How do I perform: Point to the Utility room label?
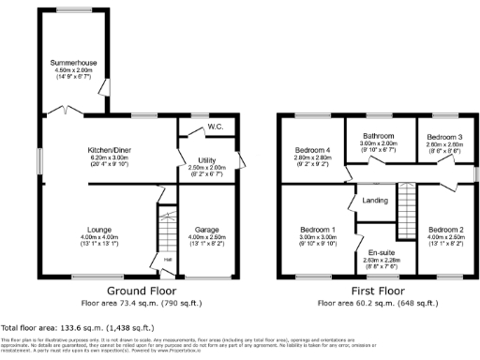[207, 160]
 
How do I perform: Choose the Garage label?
[206, 229]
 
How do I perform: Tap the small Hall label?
[168, 260]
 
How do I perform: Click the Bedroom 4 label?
[312, 150]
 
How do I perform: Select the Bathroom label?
[379, 136]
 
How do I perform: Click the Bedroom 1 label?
[318, 229]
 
